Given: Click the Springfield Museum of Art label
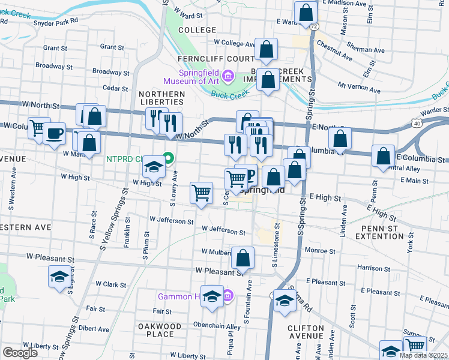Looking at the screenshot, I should point(190,76).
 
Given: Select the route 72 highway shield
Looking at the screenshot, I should point(314,26).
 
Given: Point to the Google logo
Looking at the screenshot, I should point(19,353).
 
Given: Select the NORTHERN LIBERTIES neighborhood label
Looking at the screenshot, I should point(162,98).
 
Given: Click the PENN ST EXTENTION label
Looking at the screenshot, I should point(388,232).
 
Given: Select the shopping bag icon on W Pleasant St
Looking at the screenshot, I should point(243,258).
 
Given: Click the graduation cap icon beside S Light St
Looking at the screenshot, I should point(59,277).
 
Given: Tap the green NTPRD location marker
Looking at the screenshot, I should point(169,158).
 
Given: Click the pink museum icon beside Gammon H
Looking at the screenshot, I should point(228,296).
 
